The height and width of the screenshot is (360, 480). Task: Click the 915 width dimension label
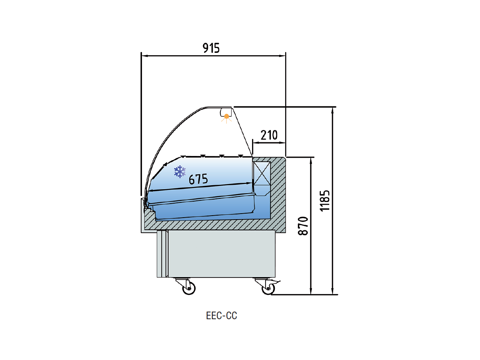pyautogui.click(x=211, y=48)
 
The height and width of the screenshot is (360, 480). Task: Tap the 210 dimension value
pyautogui.click(x=269, y=135)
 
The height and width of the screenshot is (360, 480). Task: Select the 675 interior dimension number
pyautogui.click(x=198, y=179)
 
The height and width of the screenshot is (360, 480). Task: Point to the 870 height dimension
pyautogui.click(x=303, y=226)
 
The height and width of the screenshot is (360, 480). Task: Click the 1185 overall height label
pyautogui.click(x=325, y=201)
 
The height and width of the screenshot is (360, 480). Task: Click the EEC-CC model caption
pyautogui.click(x=222, y=316)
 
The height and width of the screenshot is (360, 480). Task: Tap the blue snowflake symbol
pyautogui.click(x=180, y=172)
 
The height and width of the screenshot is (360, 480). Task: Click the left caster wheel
pyautogui.click(x=189, y=288)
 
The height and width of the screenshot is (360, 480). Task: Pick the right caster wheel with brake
pyautogui.click(x=268, y=288)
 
